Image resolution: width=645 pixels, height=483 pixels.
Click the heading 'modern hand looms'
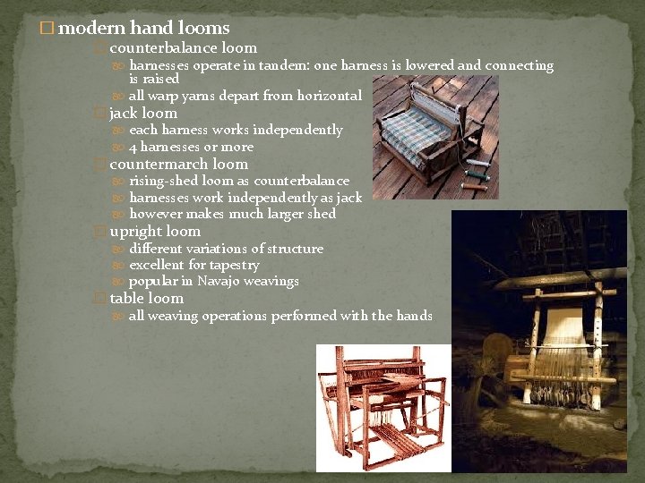point(143,29)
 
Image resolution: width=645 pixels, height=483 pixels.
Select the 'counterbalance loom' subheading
point(183,48)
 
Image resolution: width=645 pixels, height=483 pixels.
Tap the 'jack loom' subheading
point(143,114)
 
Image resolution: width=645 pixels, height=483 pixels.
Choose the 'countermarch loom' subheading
point(178,165)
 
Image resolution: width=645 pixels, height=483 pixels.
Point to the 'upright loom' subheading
point(155,232)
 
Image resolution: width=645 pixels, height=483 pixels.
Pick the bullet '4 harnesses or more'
point(191,148)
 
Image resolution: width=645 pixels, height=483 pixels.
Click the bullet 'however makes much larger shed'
point(232,215)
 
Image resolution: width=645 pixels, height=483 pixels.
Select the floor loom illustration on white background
point(383,408)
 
